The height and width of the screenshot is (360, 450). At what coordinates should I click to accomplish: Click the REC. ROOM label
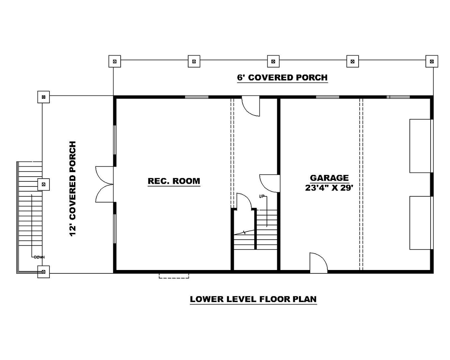[174, 181]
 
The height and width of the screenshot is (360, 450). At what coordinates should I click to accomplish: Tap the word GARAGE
[329, 178]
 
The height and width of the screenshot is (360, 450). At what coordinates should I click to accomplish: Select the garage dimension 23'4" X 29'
[329, 187]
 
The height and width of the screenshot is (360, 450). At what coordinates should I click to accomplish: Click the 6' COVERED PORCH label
[282, 77]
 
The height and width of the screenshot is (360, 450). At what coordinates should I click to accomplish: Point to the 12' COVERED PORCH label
[73, 189]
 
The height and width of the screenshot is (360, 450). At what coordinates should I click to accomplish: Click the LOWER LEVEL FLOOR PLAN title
[253, 299]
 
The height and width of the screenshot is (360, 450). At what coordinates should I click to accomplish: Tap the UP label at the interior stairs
[261, 196]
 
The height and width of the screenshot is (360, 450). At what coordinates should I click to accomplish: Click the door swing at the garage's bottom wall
[318, 264]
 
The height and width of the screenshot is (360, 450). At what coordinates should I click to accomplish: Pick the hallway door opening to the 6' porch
[251, 106]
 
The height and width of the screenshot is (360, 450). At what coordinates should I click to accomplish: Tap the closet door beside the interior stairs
[243, 201]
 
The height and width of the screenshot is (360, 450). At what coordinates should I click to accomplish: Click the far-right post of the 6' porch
[432, 61]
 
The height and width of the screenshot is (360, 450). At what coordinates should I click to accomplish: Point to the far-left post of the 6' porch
[115, 61]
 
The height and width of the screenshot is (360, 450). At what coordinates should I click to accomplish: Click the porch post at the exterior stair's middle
[43, 184]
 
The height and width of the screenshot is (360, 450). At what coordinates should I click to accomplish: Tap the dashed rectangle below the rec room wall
[174, 275]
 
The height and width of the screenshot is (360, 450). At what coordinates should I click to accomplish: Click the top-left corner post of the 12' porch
[43, 97]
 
